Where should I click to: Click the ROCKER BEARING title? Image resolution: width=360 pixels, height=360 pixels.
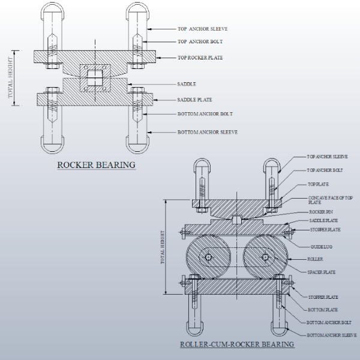tap(96, 164)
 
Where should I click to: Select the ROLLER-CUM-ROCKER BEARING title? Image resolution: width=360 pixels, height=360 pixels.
tap(237, 344)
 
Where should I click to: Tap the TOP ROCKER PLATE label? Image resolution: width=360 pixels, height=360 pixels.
tap(201, 58)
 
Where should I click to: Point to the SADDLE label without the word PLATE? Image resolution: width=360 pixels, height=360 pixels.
tap(187, 85)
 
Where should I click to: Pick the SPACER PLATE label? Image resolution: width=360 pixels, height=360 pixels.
tap(322, 272)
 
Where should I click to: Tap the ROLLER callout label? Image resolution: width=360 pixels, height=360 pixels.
tap(316, 259)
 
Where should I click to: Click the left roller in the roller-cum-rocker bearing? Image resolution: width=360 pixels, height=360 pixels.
tap(208, 258)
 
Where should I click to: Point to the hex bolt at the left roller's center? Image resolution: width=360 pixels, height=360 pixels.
tap(208, 258)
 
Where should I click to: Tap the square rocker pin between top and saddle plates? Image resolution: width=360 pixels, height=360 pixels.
tap(237, 220)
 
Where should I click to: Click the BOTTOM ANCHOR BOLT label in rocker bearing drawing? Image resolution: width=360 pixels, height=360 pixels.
tap(205, 114)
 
